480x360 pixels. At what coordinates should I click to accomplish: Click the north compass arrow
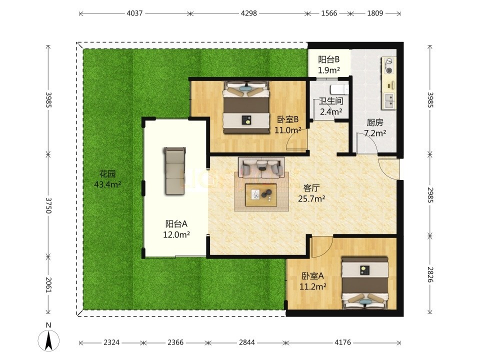[x=48, y=340]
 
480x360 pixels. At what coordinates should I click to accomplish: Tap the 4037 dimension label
[x=134, y=13]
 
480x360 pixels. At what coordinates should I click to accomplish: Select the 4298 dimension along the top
[x=249, y=13]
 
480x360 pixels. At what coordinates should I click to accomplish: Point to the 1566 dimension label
[x=329, y=13]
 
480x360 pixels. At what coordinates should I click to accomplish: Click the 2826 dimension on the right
[x=430, y=274]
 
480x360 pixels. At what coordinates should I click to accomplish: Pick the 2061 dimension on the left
[x=48, y=284]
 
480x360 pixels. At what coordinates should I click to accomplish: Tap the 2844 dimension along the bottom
[x=246, y=342]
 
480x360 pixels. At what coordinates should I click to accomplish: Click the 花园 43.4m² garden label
[x=107, y=179]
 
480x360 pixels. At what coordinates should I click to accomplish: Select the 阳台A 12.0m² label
[x=176, y=229]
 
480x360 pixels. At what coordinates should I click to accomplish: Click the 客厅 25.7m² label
[x=311, y=193]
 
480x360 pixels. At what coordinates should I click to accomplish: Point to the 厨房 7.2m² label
[x=374, y=128]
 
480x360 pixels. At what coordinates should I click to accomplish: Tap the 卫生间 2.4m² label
[x=331, y=106]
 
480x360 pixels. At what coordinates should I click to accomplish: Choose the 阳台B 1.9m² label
[x=329, y=64]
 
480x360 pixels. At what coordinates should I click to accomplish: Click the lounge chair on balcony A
[x=175, y=171]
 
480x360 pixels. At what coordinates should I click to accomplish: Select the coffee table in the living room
[x=261, y=195]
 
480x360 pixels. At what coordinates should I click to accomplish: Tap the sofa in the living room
[x=261, y=168]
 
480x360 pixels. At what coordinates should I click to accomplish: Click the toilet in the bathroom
[x=339, y=89]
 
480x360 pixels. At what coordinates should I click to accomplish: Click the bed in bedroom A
[x=365, y=283]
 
